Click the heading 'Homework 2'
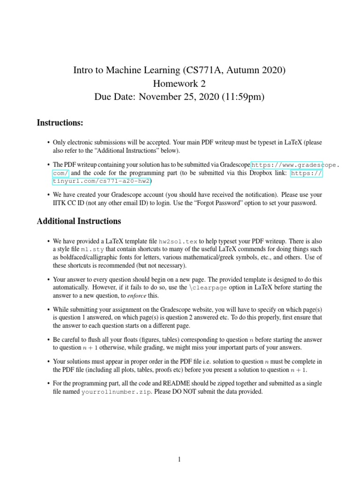[x=180, y=84]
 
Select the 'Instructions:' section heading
[x=60, y=123]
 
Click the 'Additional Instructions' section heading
[x=79, y=221]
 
